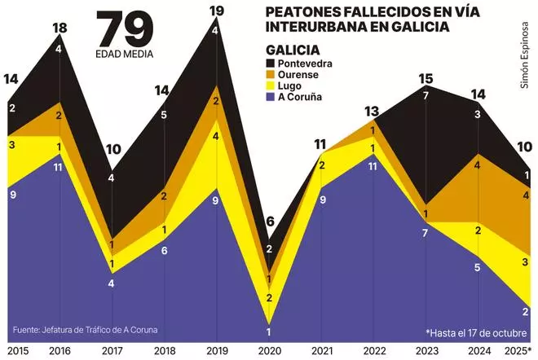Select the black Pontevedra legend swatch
coord(272,64)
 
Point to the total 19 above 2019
coord(216,11)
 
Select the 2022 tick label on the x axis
coord(373,351)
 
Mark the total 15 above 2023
coord(425,79)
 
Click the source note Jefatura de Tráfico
coord(86,330)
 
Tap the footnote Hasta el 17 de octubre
coord(477,332)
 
